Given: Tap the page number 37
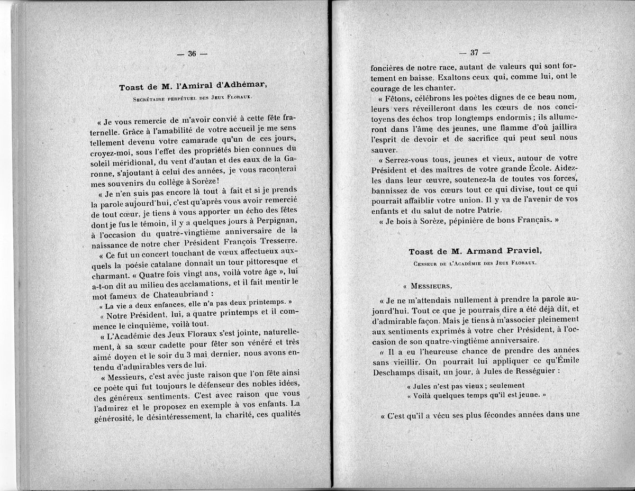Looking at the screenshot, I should click(x=474, y=52).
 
